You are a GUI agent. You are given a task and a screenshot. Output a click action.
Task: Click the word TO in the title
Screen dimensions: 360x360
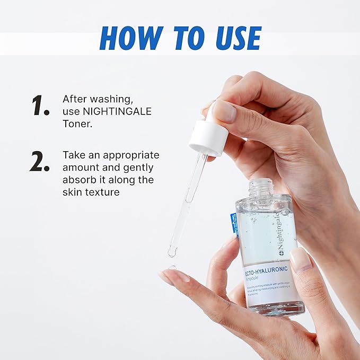pos(183,38)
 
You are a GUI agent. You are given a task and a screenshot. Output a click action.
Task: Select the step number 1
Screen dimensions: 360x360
pos(40,106)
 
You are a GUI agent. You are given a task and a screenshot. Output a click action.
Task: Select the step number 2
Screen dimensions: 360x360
pos(40,161)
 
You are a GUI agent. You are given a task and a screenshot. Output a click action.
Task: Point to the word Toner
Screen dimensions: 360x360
pos(76,124)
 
